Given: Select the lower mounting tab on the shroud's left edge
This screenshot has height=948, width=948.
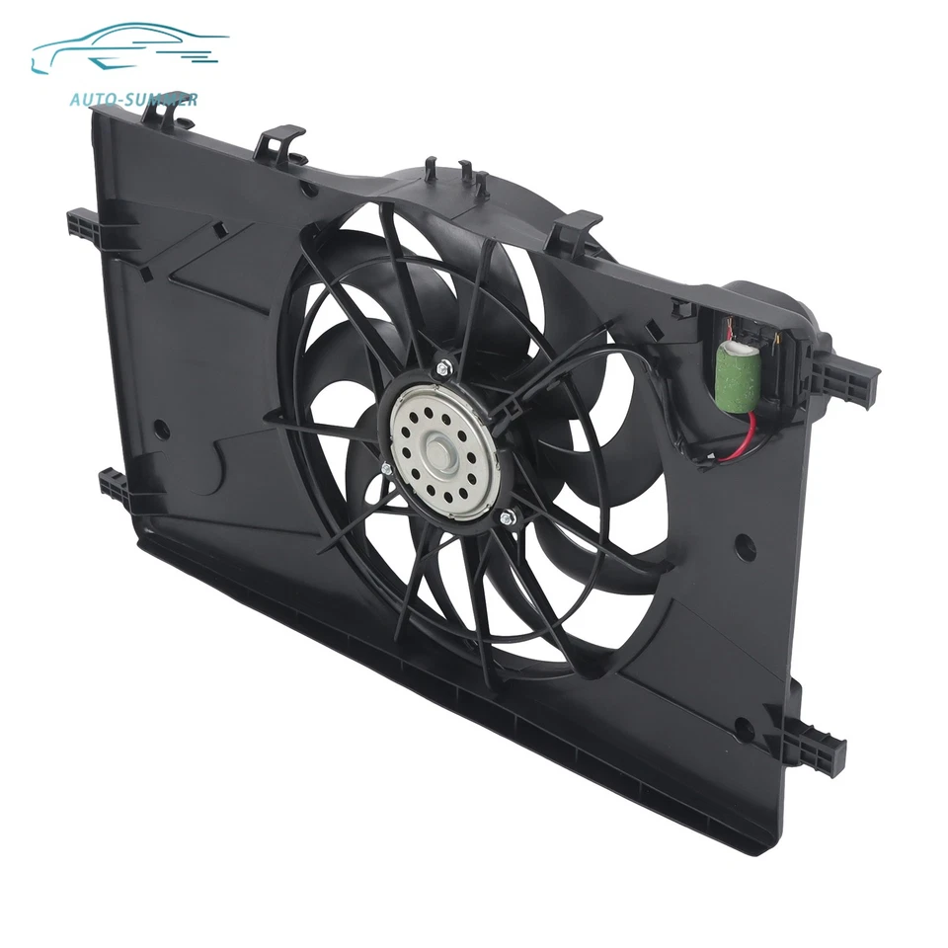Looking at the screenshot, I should [110, 485].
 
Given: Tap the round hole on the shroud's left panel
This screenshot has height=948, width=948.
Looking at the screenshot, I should [162, 431].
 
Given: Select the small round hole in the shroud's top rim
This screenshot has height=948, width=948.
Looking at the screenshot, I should [310, 188].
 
